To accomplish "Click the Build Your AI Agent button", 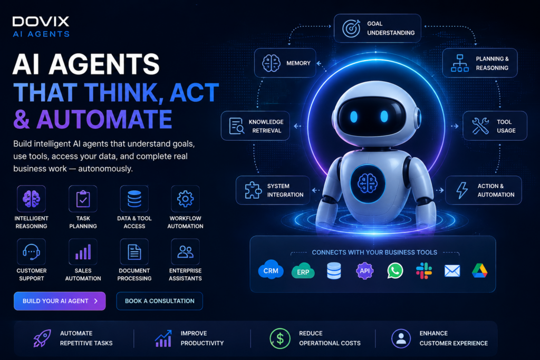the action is (60, 301).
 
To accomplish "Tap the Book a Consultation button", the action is (159, 301).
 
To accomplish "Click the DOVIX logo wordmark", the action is (41, 22).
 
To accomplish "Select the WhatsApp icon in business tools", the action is (395, 270).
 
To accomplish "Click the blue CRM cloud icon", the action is (271, 270).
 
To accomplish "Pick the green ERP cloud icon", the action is (303, 271).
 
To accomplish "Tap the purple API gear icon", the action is (365, 270).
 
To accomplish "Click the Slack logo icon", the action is (424, 270).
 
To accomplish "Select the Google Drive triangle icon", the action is (480, 270).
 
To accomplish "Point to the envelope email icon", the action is (452, 271).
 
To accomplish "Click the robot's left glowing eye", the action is (354, 116).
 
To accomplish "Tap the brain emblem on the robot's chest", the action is (368, 183).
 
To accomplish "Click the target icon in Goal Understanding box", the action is (351, 28).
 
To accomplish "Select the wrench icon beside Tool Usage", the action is (480, 125).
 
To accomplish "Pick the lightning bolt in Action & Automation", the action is (462, 190).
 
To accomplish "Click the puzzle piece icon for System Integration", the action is (253, 190).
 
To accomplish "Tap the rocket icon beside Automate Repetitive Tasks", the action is (42, 338).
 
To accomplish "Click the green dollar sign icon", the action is (280, 338).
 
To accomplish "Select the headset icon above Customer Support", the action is (31, 252).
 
